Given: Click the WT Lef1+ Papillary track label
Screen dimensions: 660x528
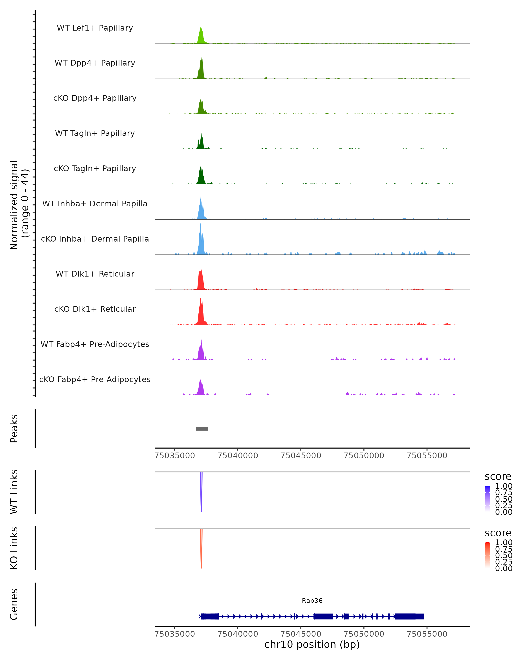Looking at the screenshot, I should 95,28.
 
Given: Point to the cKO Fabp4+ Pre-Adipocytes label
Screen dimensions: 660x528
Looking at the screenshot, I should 95,379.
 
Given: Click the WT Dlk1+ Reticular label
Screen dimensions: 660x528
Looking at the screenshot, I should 95,274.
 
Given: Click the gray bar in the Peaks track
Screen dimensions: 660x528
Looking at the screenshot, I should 202,429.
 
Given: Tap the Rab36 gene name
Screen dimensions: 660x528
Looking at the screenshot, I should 312,601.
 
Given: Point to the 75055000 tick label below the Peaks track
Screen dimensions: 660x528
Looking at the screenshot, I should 427,456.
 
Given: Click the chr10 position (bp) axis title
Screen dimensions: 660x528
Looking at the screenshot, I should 312,645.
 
